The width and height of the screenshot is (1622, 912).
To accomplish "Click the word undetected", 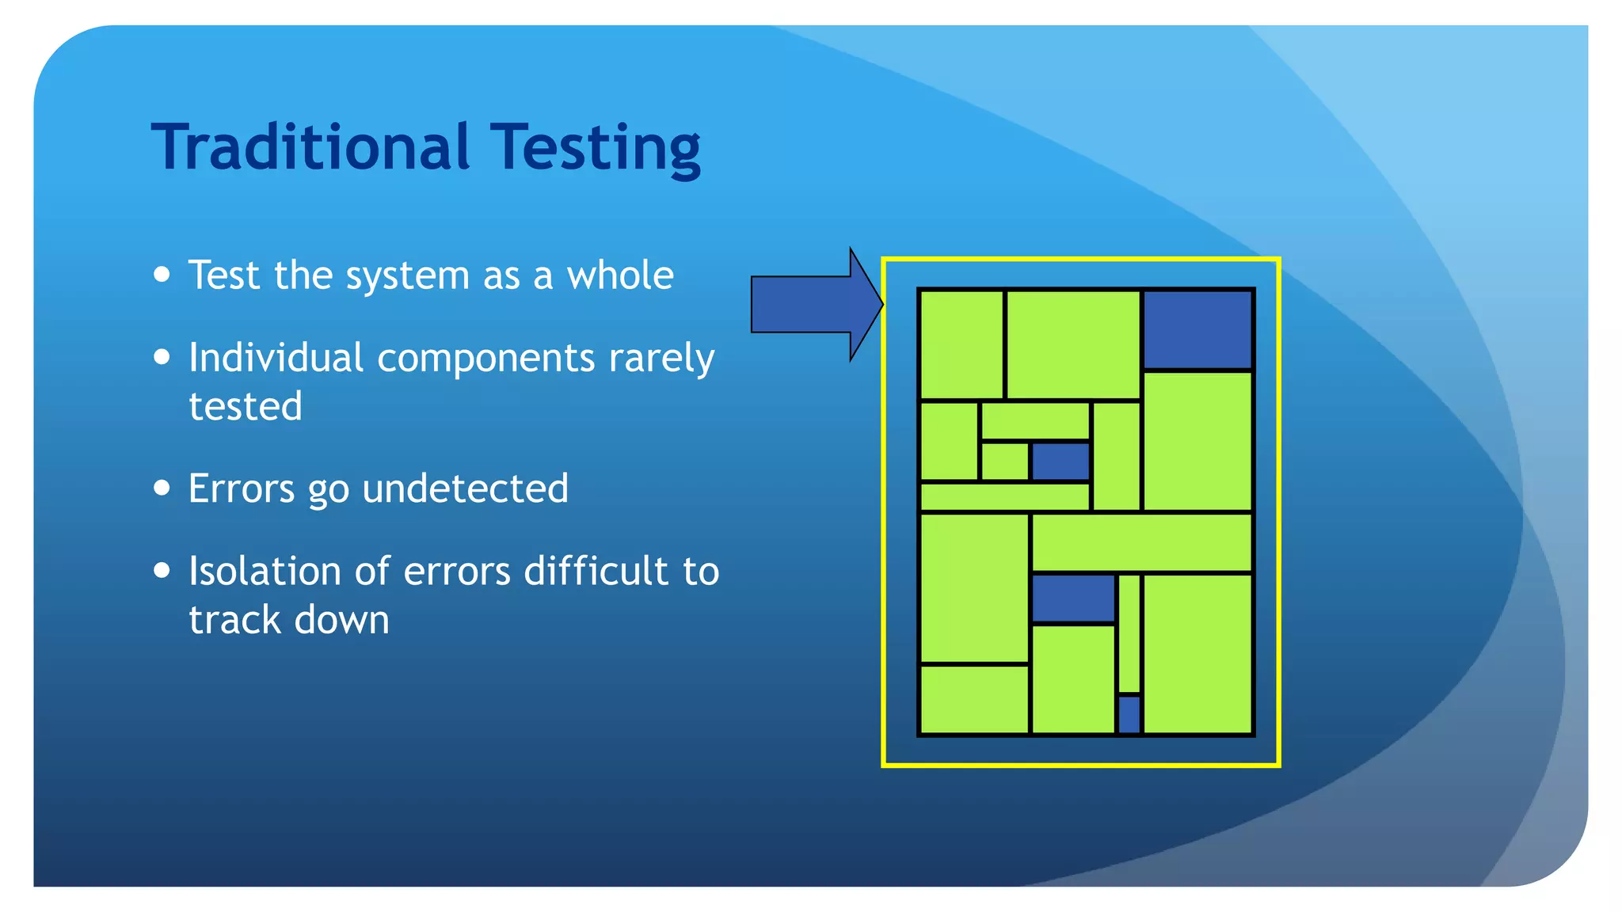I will tap(465, 488).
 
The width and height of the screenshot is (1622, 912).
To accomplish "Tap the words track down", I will tap(289, 620).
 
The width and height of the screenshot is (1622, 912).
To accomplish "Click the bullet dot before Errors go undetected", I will tap(162, 487).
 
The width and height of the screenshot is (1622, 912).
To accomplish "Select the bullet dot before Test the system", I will tap(162, 274).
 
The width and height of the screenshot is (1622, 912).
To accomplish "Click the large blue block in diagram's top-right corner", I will tap(1197, 329).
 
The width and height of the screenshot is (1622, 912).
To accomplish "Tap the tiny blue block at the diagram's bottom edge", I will tap(1129, 714).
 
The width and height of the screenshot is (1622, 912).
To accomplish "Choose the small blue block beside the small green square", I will tap(1060, 461).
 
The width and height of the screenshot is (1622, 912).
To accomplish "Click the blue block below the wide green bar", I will tap(1072, 598).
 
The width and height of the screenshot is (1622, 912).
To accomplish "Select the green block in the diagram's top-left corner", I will tap(961, 344).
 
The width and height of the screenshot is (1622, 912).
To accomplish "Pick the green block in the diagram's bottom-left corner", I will tap(973, 699).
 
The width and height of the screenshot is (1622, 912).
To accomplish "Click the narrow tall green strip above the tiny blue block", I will tap(1129, 633).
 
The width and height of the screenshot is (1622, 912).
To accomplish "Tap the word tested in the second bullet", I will tap(246, 406).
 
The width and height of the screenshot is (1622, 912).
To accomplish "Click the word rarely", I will tap(661, 358).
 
